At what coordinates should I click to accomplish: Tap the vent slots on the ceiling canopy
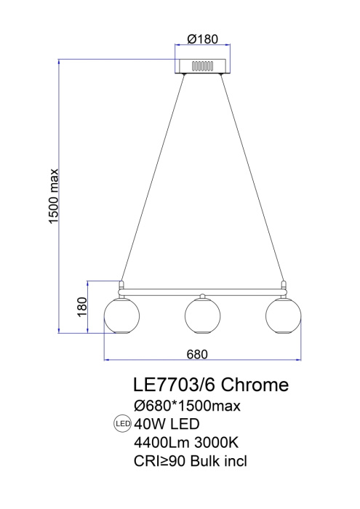pyautogui.click(x=201, y=65)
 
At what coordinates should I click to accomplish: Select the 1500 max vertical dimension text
pyautogui.click(x=54, y=196)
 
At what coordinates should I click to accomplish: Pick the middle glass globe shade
pyautogui.click(x=202, y=314)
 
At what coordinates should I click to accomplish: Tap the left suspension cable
pyautogui.click(x=149, y=178)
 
